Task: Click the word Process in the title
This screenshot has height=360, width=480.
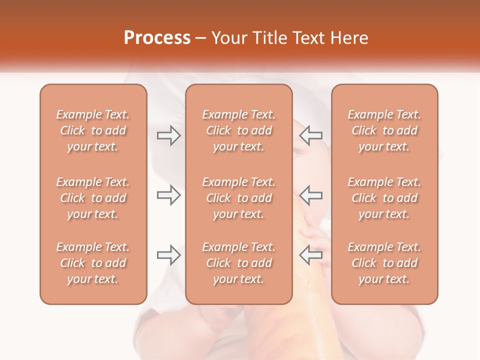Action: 157,38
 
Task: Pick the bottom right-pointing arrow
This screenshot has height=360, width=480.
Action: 168,254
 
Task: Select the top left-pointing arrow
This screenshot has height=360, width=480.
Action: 311,135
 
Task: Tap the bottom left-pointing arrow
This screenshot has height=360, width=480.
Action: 311,254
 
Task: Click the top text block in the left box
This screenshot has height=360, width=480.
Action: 93,130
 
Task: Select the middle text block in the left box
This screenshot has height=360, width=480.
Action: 93,198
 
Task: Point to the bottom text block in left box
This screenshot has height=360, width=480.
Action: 93,263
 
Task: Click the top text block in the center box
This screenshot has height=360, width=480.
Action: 238,130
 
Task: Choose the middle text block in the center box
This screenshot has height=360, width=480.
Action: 238,198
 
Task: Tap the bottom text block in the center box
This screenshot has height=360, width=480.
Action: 238,263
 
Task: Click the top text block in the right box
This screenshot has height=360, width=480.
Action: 384,130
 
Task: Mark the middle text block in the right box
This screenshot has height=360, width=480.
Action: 384,198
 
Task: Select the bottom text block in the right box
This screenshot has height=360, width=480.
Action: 384,263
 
